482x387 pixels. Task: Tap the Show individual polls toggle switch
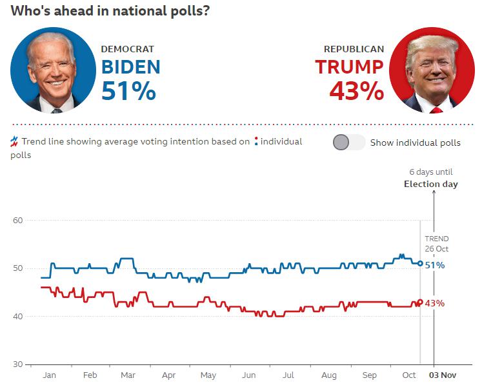pyautogui.click(x=348, y=143)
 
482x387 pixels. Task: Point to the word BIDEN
pyautogui.click(x=130, y=66)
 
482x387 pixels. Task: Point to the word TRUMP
pyautogui.click(x=349, y=66)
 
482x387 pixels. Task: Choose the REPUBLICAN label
pyautogui.click(x=354, y=49)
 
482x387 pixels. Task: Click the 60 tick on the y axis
pyautogui.click(x=17, y=221)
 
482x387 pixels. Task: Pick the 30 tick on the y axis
pyautogui.click(x=17, y=364)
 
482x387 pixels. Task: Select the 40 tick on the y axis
pyautogui.click(x=17, y=317)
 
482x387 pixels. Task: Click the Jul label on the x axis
pyautogui.click(x=288, y=375)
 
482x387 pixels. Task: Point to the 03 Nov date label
pyautogui.click(x=443, y=375)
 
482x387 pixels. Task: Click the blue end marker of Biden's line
pyautogui.click(x=420, y=263)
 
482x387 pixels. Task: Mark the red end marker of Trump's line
pyautogui.click(x=420, y=302)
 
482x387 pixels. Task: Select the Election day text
pyautogui.click(x=430, y=184)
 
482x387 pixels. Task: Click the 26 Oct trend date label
pyautogui.click(x=436, y=249)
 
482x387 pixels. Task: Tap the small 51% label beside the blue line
pyautogui.click(x=434, y=265)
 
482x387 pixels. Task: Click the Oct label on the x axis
pyautogui.click(x=409, y=375)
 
